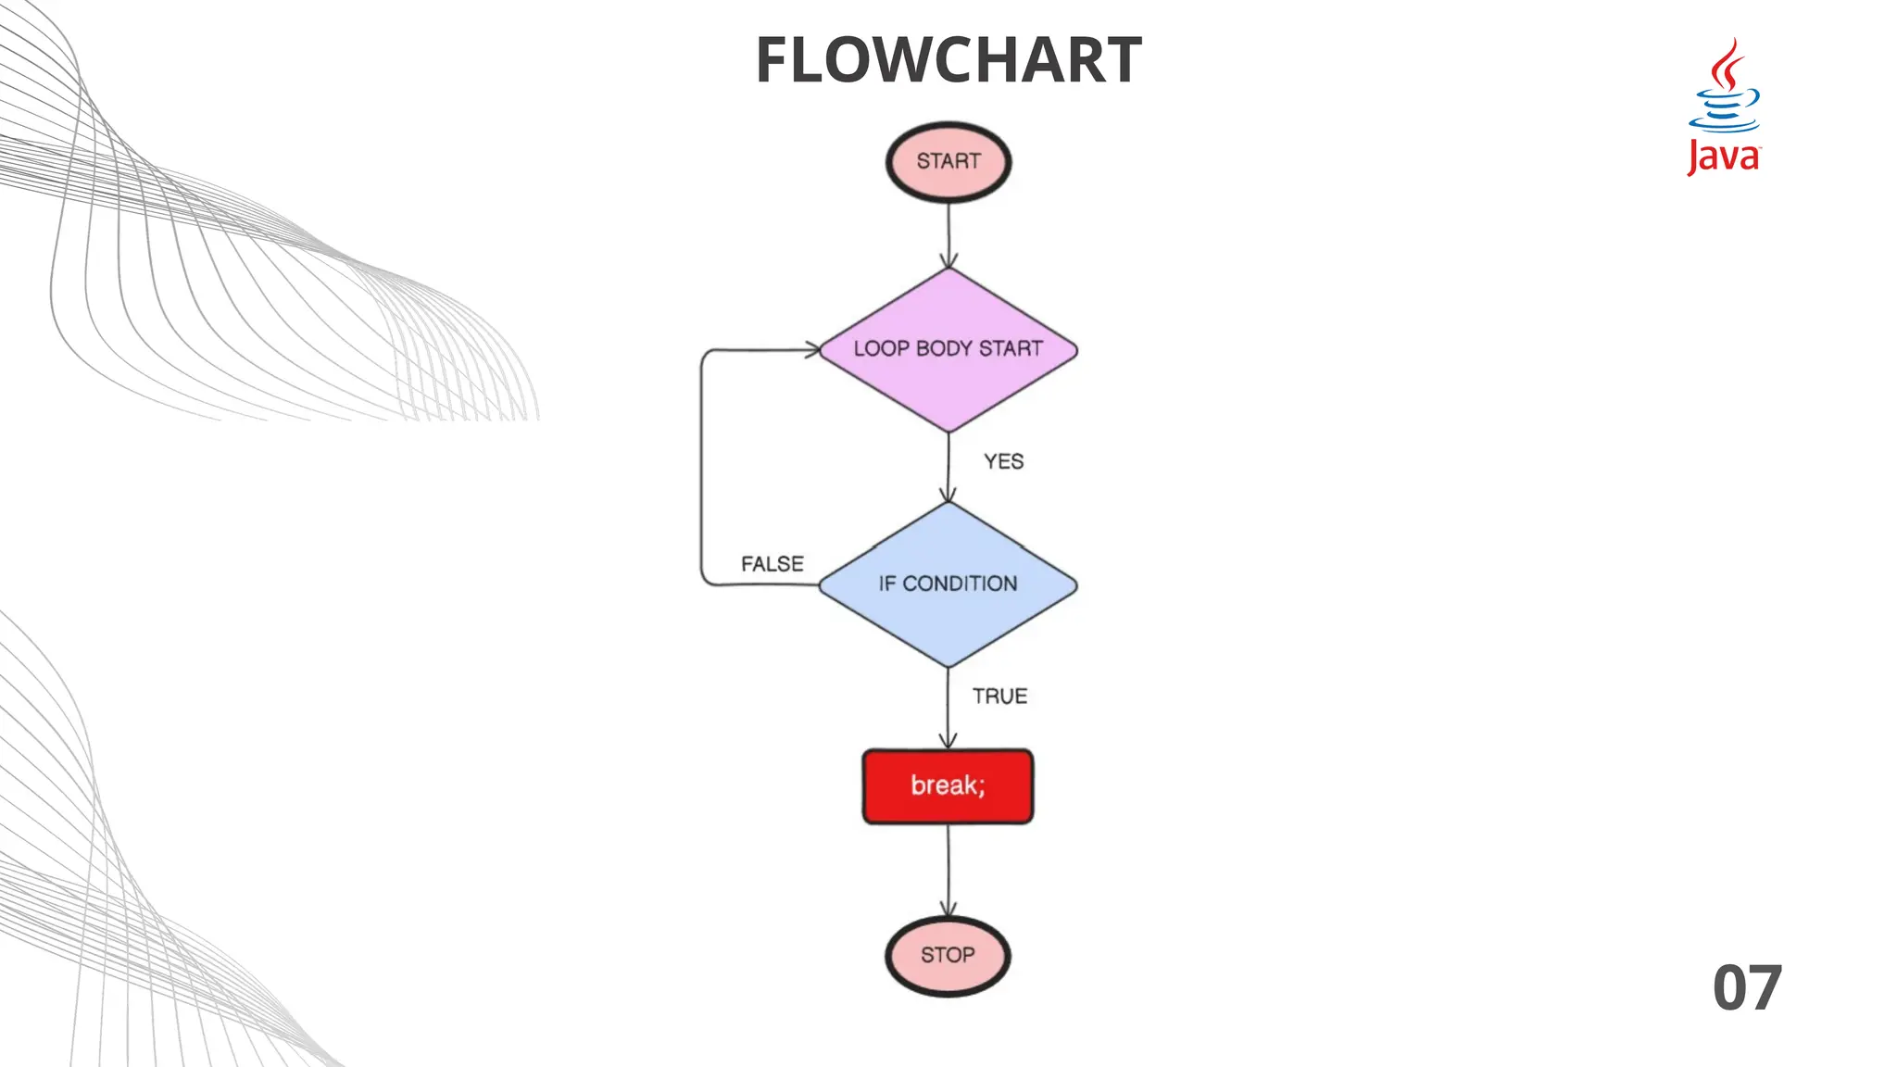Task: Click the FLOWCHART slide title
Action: click(948, 61)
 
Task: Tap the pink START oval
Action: click(948, 162)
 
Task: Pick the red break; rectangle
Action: click(948, 786)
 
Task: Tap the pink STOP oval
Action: click(948, 956)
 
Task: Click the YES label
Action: click(1003, 461)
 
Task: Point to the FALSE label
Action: click(772, 564)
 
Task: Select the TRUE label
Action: click(999, 697)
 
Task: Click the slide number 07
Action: click(1747, 988)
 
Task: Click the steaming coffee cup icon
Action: click(1725, 88)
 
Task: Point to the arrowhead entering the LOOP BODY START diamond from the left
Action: click(812, 350)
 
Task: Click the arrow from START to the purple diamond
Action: click(948, 232)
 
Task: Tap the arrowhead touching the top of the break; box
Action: click(948, 740)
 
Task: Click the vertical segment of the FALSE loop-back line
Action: click(701, 468)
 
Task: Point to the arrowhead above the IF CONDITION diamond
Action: click(948, 494)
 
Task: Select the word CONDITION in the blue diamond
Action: click(960, 584)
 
